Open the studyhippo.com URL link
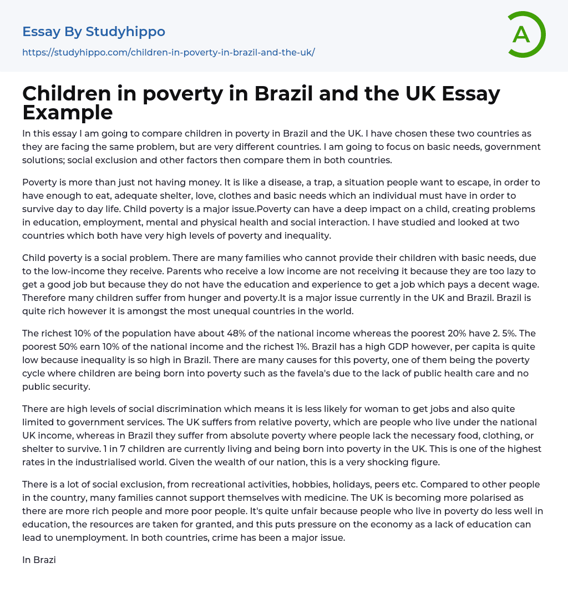click(x=168, y=52)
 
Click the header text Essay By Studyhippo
click(x=94, y=32)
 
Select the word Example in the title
click(x=67, y=113)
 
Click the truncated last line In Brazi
click(x=39, y=560)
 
